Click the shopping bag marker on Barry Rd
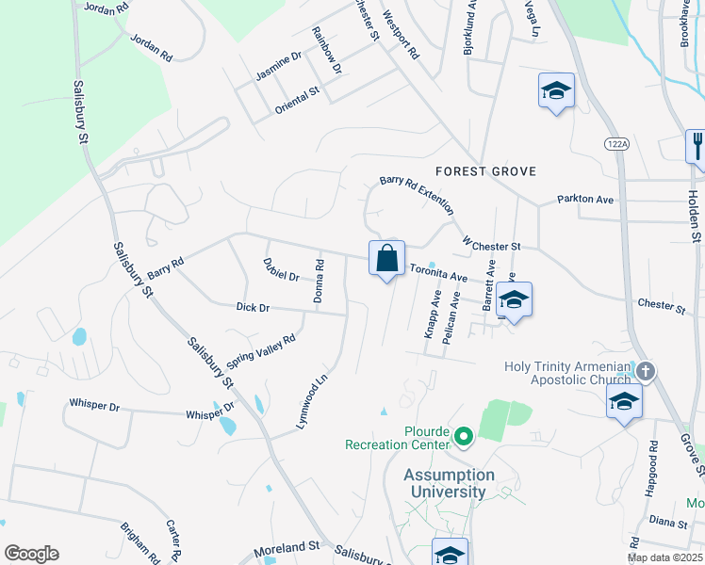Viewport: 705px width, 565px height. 386,259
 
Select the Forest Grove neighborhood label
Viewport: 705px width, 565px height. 485,171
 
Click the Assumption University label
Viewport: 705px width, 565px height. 449,483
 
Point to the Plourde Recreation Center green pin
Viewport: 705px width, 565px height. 463,437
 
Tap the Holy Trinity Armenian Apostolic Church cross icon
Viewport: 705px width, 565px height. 645,371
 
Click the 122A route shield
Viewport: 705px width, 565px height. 615,142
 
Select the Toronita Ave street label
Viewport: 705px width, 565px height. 438,273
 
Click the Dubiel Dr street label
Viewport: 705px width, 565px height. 281,270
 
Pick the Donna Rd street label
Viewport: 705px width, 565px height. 320,282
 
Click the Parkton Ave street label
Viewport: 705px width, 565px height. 585,200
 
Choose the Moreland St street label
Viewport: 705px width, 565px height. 287,547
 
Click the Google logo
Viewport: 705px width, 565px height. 31,554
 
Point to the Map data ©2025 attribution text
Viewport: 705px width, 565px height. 665,557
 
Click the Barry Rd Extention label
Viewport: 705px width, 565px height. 417,194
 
